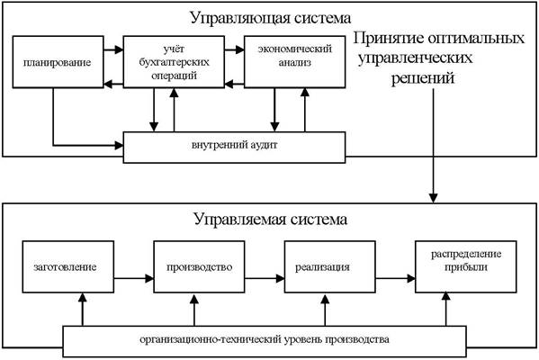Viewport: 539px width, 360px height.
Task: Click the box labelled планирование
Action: (x=58, y=62)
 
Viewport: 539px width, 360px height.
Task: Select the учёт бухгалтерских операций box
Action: (x=174, y=62)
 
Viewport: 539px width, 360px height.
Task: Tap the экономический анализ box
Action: (x=295, y=62)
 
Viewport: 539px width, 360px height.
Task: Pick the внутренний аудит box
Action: (x=235, y=148)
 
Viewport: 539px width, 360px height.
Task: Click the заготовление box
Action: (x=68, y=266)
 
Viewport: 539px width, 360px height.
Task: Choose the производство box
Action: (x=200, y=266)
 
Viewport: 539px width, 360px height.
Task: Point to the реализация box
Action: (x=330, y=266)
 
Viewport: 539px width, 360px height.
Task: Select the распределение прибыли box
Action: (x=466, y=266)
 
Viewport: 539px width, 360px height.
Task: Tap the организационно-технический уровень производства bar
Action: (x=265, y=341)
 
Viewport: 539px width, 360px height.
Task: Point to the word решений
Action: (x=423, y=78)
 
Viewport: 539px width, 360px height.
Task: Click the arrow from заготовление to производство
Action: (x=134, y=278)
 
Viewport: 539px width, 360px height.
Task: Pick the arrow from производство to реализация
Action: (x=265, y=278)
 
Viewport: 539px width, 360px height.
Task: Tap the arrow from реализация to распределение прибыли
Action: (x=395, y=278)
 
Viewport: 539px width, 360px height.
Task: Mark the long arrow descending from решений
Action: (x=433, y=146)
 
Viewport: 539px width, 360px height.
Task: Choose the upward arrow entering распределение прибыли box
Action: (x=445, y=310)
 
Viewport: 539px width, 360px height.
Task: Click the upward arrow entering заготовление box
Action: (x=82, y=310)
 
